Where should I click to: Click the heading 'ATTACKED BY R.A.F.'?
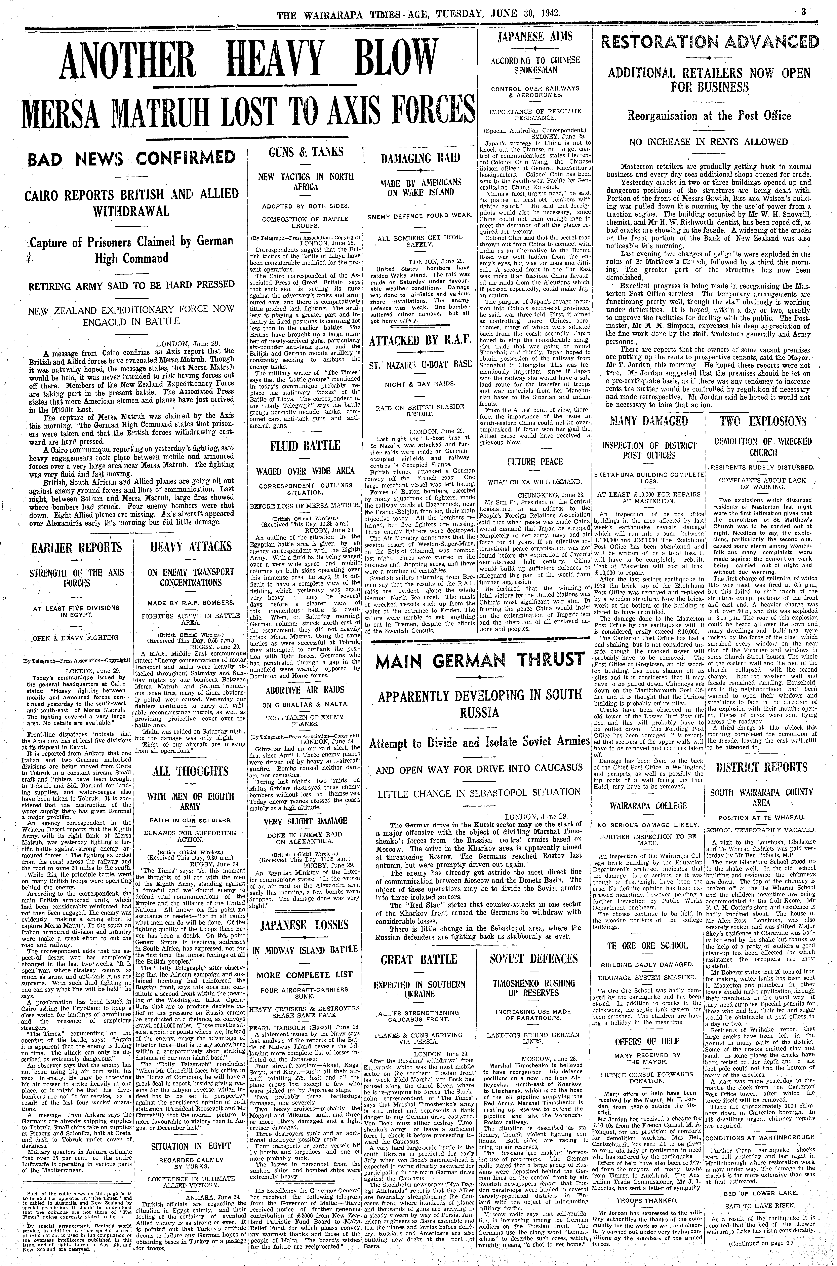(x=420, y=340)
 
